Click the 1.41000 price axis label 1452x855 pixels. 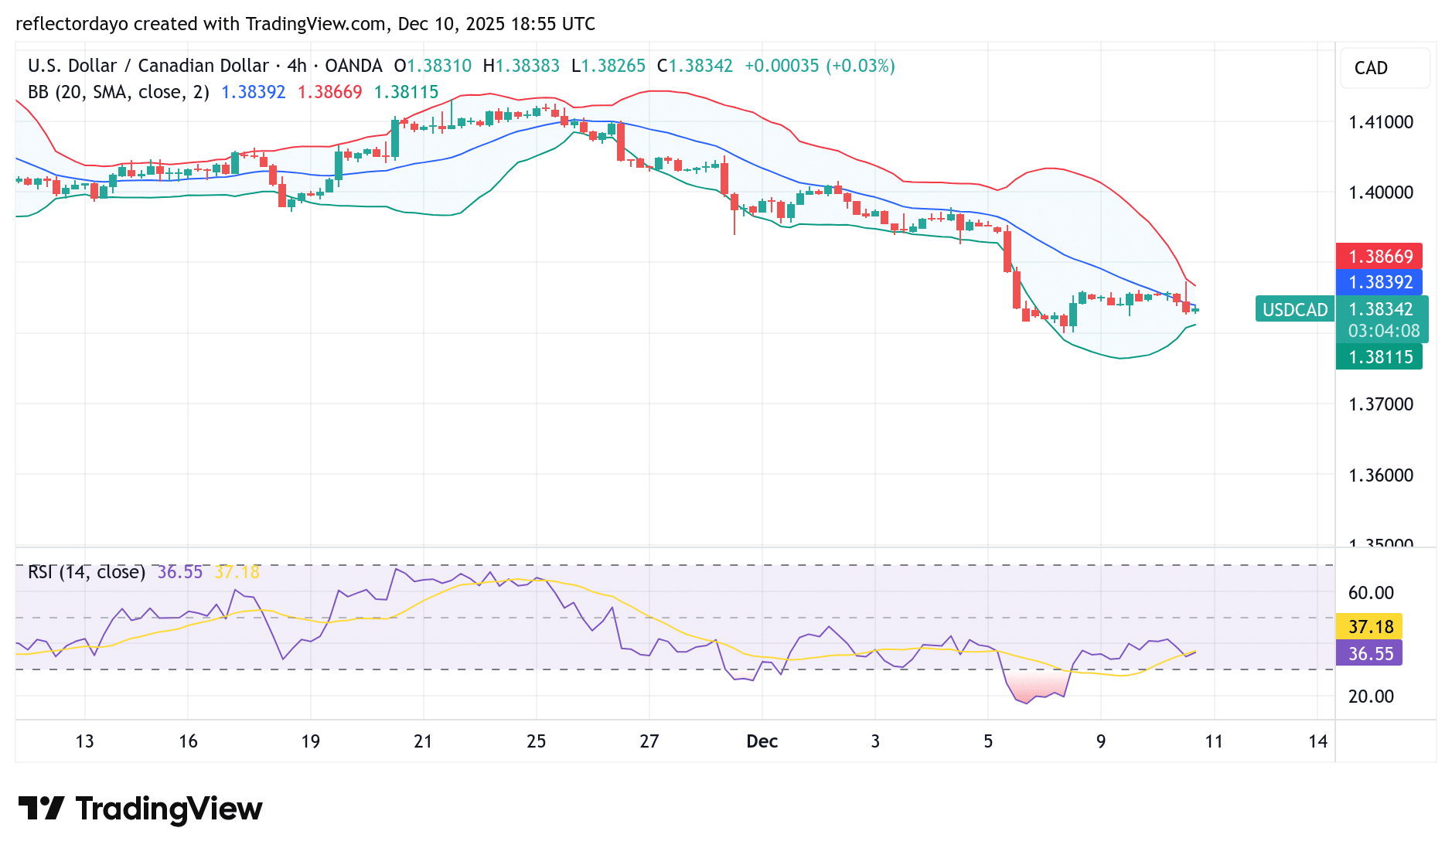(x=1380, y=122)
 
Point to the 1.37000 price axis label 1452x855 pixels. (x=1380, y=404)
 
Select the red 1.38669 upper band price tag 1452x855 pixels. (x=1380, y=257)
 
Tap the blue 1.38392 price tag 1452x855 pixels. (x=1380, y=282)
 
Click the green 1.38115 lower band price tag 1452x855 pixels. (x=1380, y=357)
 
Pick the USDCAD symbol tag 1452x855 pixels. (x=1294, y=310)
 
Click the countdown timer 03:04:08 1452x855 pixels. (x=1383, y=331)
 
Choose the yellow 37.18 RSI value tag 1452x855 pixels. (x=1370, y=627)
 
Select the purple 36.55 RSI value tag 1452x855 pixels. (x=1370, y=654)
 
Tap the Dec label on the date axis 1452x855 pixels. (x=762, y=741)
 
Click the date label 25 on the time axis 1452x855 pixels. (x=536, y=741)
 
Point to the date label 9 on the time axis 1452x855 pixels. (x=1100, y=741)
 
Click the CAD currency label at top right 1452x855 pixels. (x=1371, y=68)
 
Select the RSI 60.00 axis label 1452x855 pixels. (x=1371, y=593)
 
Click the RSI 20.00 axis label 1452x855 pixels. (x=1371, y=697)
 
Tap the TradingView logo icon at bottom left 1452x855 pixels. (x=41, y=809)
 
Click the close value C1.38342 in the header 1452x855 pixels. (x=694, y=66)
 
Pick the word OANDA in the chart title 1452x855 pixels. (x=353, y=66)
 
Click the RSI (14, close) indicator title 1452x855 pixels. (x=87, y=572)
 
